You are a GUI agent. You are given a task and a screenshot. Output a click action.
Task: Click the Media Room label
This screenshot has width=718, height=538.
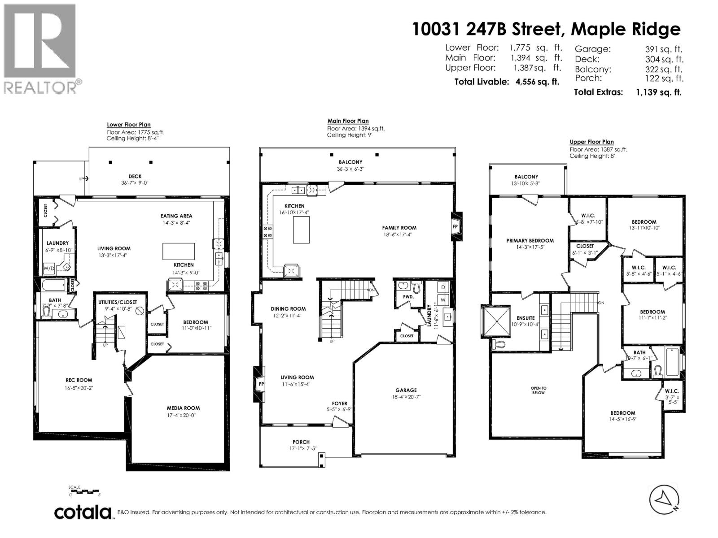[x=183, y=408]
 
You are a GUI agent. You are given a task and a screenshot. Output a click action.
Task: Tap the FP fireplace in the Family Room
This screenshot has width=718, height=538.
[x=455, y=226]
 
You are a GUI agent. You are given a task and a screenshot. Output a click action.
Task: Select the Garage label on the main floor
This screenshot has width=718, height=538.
[x=406, y=390]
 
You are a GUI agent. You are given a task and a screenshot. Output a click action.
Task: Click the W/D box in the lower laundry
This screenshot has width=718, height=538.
[x=49, y=269]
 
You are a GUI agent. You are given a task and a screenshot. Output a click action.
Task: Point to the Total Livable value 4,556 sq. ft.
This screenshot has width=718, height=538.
[x=538, y=82]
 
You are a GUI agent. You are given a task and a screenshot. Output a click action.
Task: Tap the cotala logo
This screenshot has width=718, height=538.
[x=83, y=512]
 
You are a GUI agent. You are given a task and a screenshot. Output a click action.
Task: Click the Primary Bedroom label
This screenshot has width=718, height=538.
[x=530, y=240]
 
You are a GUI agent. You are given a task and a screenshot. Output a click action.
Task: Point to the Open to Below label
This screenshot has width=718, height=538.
[x=538, y=390]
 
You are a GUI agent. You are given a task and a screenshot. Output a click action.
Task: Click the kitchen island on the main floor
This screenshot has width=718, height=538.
[x=301, y=229]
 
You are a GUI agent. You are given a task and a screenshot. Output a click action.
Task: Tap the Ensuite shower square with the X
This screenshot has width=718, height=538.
[x=495, y=321]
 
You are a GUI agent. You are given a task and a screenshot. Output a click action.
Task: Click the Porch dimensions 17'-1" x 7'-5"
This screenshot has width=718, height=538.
[x=301, y=448]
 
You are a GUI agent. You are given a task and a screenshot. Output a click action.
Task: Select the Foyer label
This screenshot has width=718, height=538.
[x=339, y=403]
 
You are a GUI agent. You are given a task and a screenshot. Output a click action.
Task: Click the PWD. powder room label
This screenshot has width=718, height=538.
[x=408, y=296]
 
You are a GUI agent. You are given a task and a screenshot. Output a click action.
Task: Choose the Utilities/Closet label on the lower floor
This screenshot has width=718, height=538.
[x=118, y=302]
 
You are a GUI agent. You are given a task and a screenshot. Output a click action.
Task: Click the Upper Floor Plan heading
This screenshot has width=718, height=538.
[x=591, y=142]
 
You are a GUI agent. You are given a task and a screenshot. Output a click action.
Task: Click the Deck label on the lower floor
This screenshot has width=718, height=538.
[x=135, y=176]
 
